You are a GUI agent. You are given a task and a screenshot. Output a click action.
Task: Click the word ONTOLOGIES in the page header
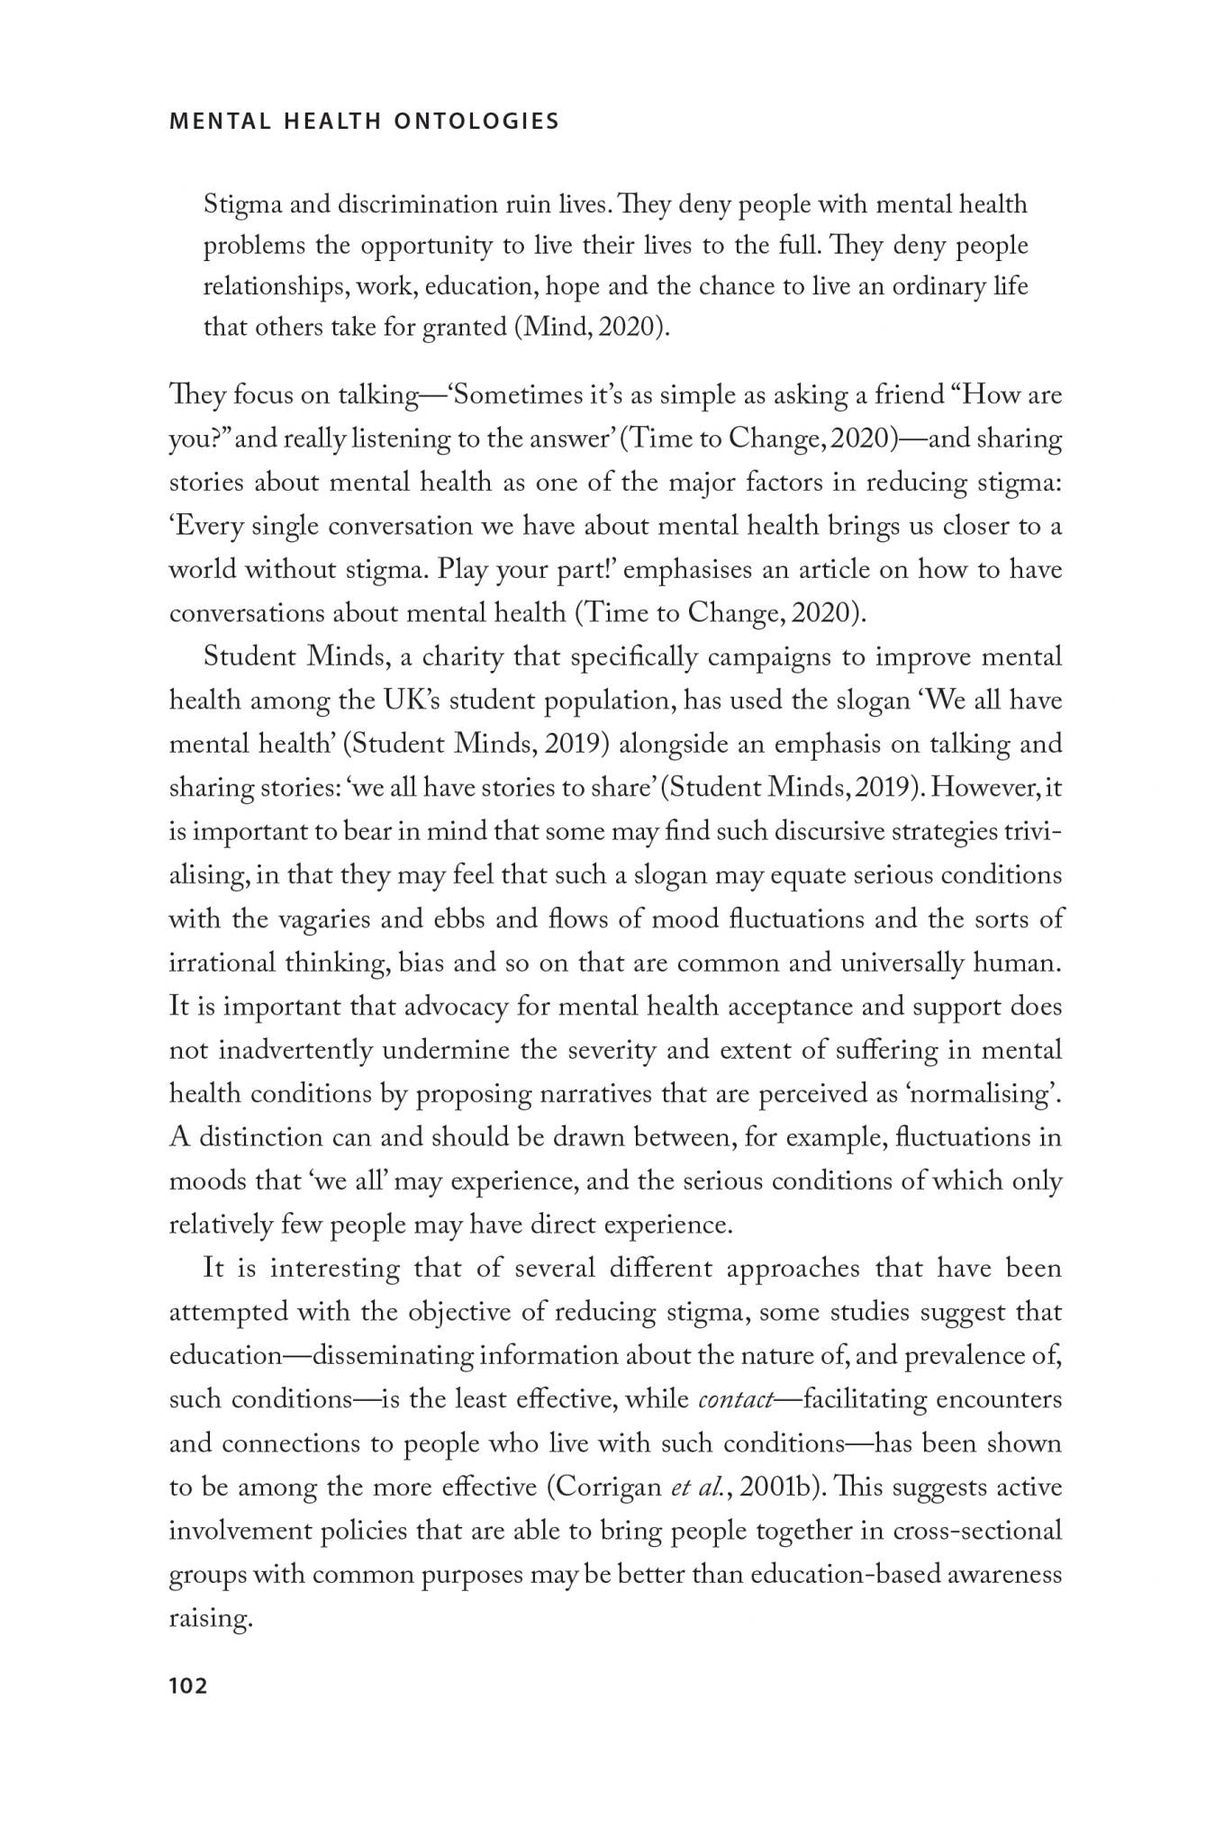pos(476,122)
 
